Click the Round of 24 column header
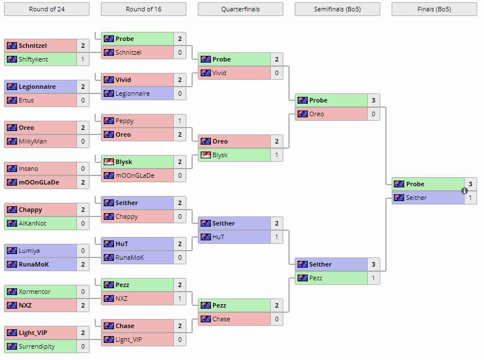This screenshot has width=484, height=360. click(46, 9)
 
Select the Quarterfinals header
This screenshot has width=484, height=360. click(240, 9)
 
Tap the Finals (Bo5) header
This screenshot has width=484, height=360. click(434, 9)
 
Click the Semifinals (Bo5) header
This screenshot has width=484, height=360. click(337, 9)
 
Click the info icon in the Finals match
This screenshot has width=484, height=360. click(465, 191)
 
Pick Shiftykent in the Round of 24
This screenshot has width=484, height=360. click(33, 59)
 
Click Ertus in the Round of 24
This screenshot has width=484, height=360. click(26, 100)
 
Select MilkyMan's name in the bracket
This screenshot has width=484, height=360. click(32, 141)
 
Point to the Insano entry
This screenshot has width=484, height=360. click(28, 169)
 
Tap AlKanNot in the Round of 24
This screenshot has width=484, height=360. click(32, 223)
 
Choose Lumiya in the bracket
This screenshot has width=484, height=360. click(29, 251)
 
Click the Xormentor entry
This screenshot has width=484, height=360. click(34, 292)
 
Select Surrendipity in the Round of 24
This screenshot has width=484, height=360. click(37, 346)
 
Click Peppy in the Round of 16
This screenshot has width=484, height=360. click(125, 121)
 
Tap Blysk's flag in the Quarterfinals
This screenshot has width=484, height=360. click(205, 155)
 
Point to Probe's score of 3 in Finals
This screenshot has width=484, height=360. click(470, 184)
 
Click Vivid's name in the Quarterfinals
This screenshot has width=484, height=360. click(219, 73)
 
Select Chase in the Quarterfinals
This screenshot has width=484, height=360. click(221, 319)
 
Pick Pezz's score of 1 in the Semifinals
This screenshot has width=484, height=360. click(373, 278)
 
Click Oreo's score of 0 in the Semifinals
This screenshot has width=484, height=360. click(373, 114)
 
